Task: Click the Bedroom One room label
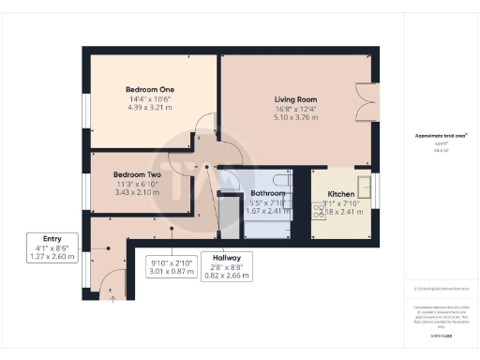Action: (150, 90)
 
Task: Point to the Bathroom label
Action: (266, 192)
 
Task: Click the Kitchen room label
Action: (340, 192)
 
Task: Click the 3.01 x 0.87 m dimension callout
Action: (172, 268)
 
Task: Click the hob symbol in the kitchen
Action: (320, 213)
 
